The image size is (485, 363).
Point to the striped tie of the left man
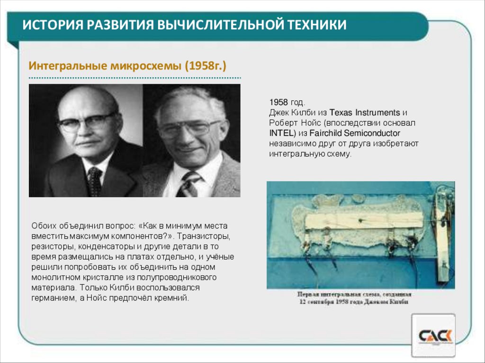point(94,181)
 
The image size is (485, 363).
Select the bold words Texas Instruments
point(365,113)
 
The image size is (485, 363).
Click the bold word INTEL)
point(283,133)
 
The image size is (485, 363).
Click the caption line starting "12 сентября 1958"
point(353,302)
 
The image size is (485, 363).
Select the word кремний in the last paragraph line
point(175,298)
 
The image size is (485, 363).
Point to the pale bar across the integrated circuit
point(365,220)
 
